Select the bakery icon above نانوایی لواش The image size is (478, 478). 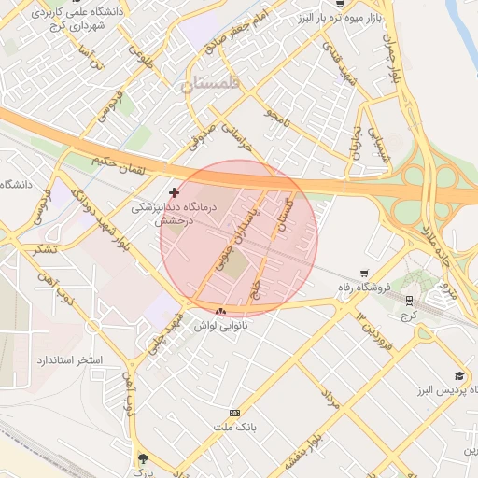coord(220,311)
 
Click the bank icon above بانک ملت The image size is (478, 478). coord(234,413)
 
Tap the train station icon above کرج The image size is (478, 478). coord(409,300)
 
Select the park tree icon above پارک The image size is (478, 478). coord(142,458)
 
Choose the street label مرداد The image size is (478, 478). coord(330,400)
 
